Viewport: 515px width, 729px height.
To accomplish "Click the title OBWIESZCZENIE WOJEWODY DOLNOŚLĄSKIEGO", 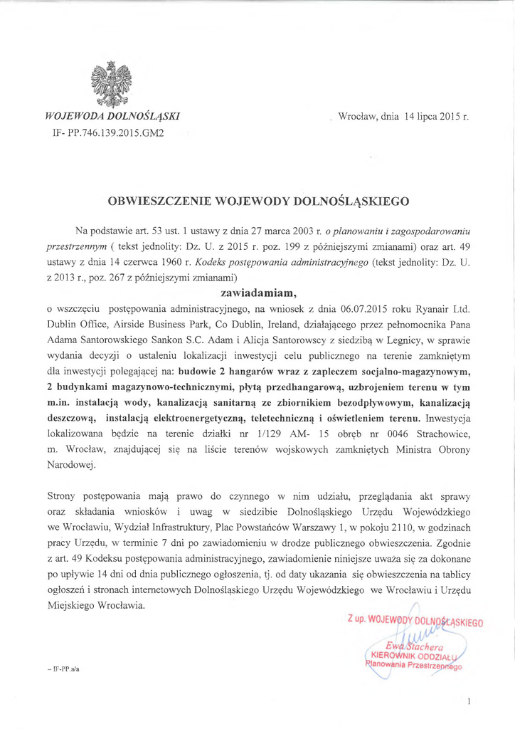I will (x=257, y=201).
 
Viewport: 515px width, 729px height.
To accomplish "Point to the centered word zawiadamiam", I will (x=257, y=291).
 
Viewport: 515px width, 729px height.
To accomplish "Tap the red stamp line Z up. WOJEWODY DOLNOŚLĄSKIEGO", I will (x=416, y=622).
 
